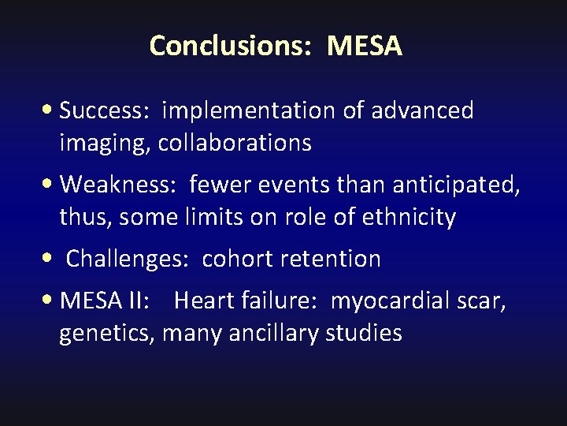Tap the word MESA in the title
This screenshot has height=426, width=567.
pos(365,46)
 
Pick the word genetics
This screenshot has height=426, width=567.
pos(108,334)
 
